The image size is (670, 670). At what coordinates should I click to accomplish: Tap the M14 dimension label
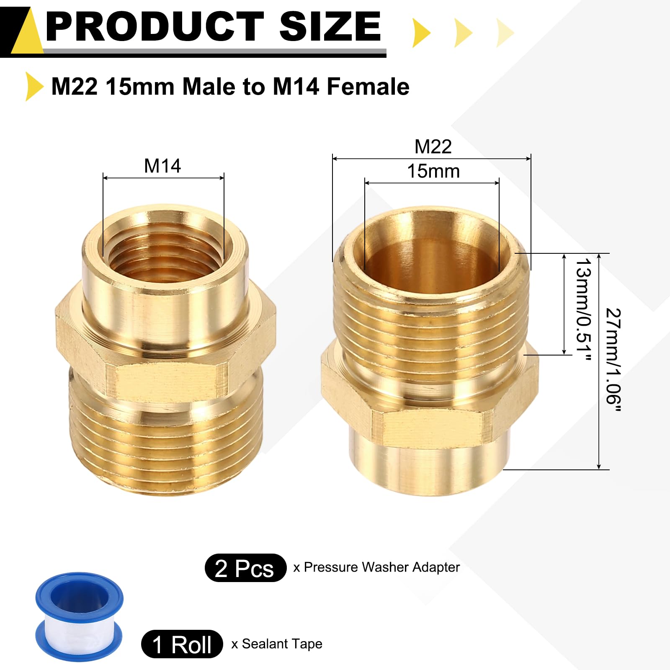[162, 166]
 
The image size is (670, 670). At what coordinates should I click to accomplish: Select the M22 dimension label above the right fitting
[433, 147]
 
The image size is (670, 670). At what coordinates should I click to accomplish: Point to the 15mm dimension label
[433, 171]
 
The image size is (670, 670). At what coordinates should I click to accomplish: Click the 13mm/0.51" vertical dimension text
[584, 309]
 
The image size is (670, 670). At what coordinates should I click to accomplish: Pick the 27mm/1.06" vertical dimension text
[613, 360]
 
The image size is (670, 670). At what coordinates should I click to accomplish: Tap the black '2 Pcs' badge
[245, 568]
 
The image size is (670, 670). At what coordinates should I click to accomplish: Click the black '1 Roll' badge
[182, 644]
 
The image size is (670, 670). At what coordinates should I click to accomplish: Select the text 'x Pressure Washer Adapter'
[376, 567]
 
